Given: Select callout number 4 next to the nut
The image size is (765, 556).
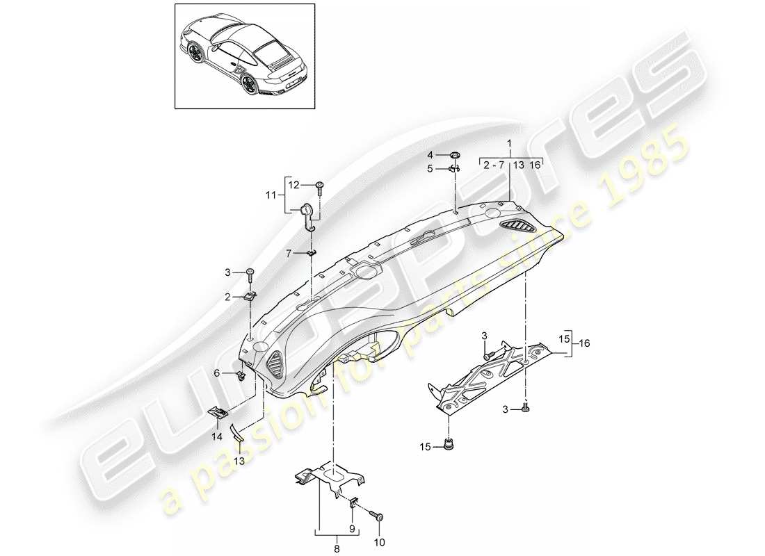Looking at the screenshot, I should [x=429, y=155].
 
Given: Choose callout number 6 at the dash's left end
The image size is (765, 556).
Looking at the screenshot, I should [x=216, y=373].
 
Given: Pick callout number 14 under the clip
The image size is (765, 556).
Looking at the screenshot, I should [x=217, y=436].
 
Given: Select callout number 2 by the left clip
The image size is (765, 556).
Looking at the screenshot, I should [x=227, y=297].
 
